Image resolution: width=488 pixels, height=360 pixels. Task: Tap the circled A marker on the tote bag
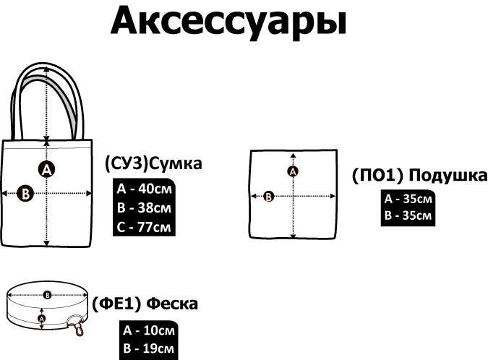(46, 170)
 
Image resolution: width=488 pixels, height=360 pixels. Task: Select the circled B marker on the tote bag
(25, 194)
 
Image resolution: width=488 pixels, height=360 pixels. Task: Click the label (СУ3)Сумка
(153, 163)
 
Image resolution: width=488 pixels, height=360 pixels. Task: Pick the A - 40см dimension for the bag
(145, 190)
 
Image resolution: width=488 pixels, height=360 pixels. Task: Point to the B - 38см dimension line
(145, 208)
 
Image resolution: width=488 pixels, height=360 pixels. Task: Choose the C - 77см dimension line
(145, 226)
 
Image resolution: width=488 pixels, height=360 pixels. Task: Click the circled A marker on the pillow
(293, 171)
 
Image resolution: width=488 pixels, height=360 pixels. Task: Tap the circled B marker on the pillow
(269, 195)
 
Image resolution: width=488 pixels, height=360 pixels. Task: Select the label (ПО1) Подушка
(419, 176)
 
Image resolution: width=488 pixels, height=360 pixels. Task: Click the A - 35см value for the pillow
(409, 199)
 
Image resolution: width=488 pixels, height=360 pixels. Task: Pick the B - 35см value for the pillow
(409, 215)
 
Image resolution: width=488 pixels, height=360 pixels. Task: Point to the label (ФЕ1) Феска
(145, 304)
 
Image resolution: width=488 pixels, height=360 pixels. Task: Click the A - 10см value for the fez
(148, 331)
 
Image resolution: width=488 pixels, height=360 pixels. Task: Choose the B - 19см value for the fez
(148, 349)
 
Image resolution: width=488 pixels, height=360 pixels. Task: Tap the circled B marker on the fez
(47, 294)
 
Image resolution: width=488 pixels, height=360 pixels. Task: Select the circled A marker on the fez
(41, 318)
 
